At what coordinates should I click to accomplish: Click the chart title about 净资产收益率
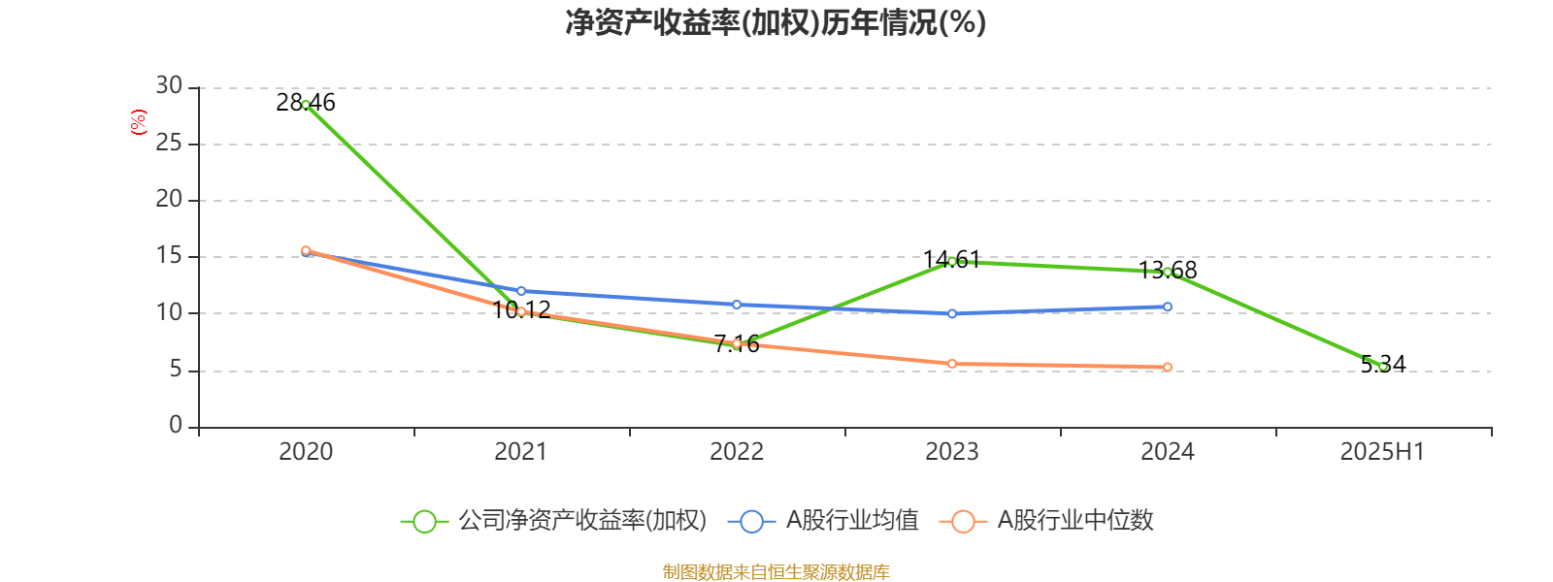click(x=776, y=22)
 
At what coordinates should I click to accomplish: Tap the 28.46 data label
click(x=306, y=102)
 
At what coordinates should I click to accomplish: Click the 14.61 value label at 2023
click(x=952, y=259)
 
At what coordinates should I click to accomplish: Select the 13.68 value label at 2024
click(x=1168, y=270)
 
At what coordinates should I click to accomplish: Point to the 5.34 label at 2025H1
click(x=1383, y=364)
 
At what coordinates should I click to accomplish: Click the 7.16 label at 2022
click(x=737, y=343)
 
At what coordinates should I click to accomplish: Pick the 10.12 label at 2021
click(x=521, y=309)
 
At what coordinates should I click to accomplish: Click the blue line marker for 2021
click(x=521, y=291)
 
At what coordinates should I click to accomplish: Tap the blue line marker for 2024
click(x=1168, y=307)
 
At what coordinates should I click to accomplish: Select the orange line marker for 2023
click(x=952, y=364)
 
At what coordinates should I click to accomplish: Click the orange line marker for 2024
click(x=1168, y=368)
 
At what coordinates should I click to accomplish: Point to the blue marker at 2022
click(x=737, y=305)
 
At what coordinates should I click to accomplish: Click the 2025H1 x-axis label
click(x=1382, y=451)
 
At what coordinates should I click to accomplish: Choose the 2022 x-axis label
click(x=737, y=451)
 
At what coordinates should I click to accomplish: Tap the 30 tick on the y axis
click(x=169, y=86)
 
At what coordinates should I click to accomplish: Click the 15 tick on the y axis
click(x=169, y=256)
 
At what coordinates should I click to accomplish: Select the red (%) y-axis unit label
click(x=139, y=122)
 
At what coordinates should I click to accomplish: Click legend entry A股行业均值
click(x=851, y=521)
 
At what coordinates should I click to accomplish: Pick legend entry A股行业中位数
click(x=1074, y=521)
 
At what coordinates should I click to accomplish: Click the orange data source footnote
click(x=776, y=571)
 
